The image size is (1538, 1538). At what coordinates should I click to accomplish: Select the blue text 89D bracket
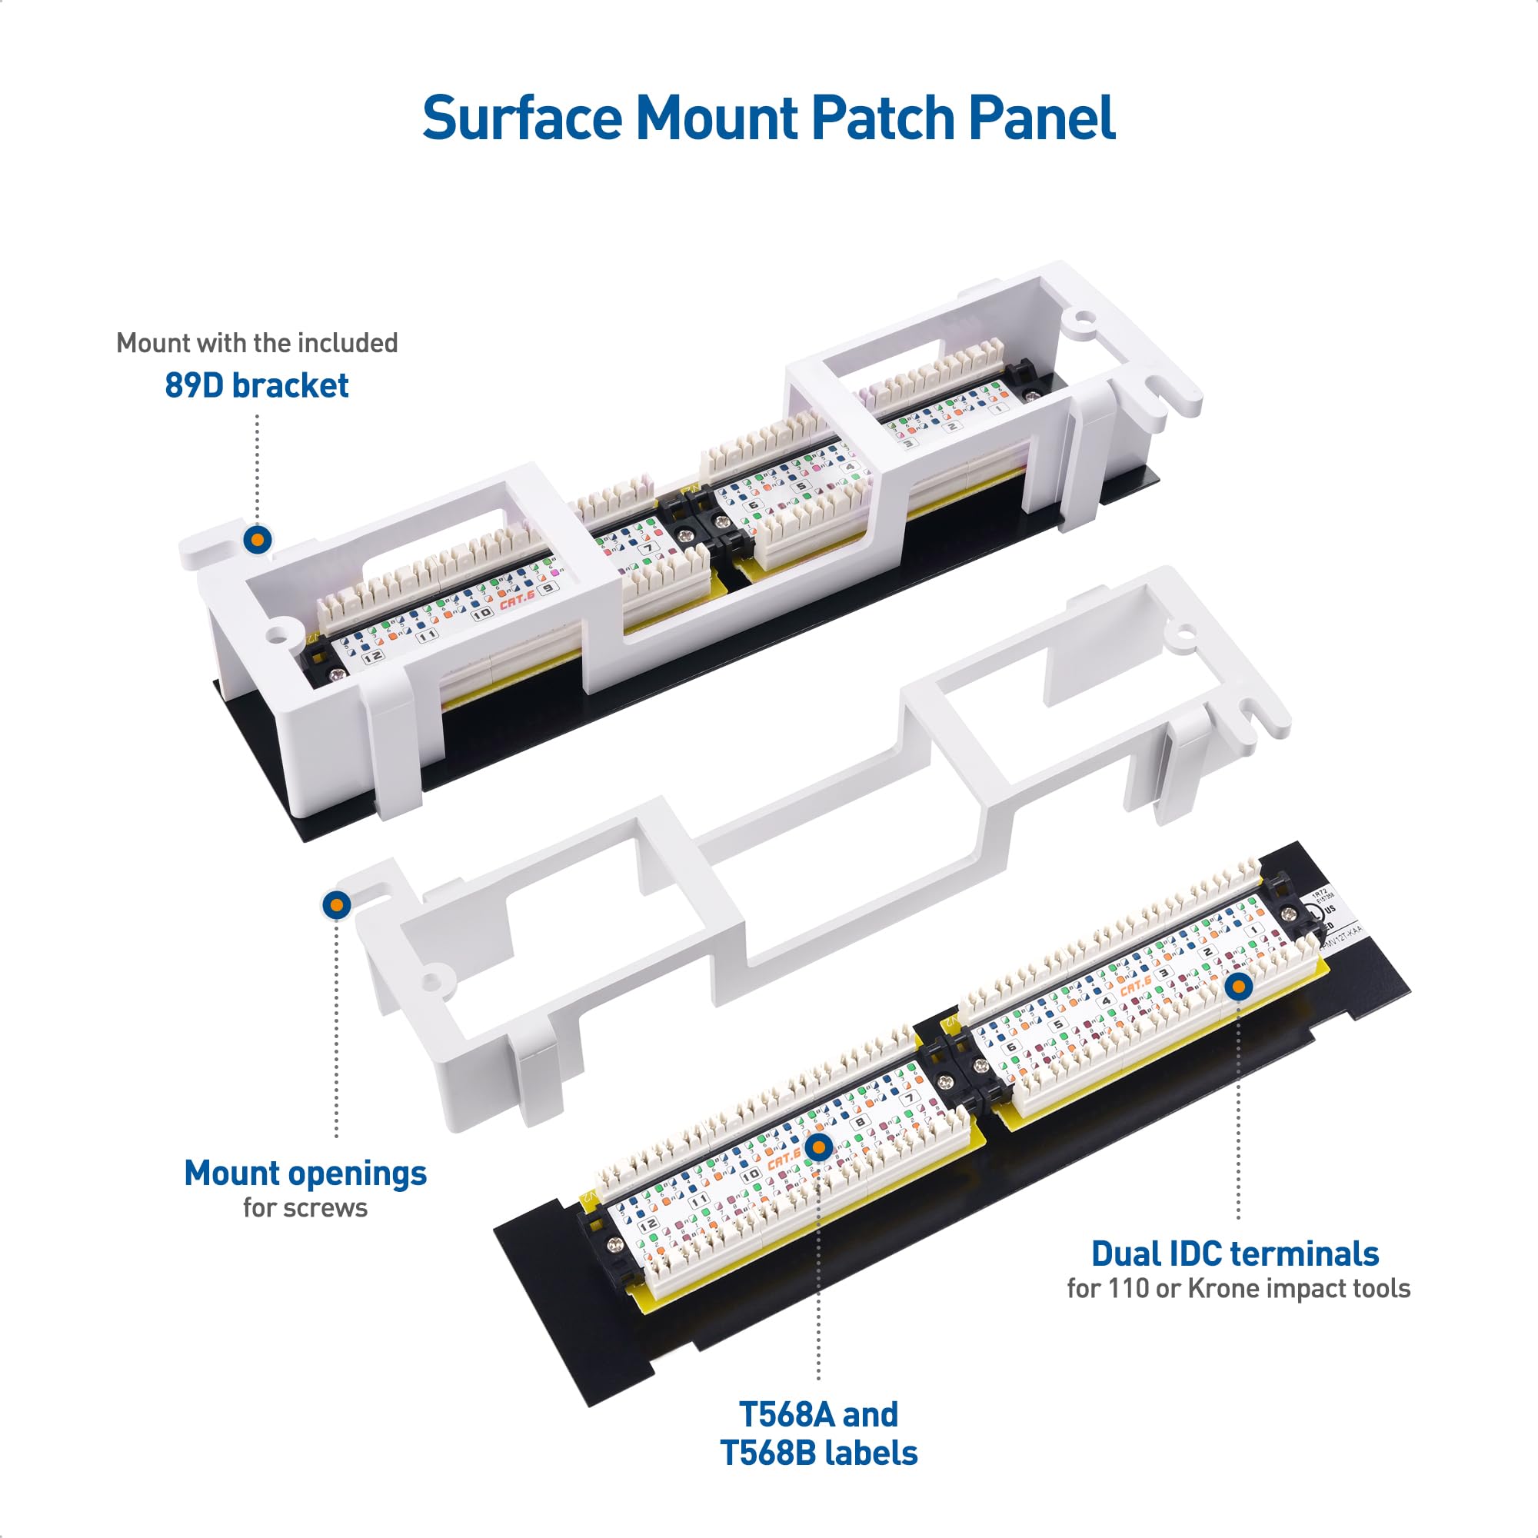click(256, 385)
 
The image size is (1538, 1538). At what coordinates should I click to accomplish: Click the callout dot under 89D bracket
click(257, 540)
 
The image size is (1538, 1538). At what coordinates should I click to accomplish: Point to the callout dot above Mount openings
click(337, 905)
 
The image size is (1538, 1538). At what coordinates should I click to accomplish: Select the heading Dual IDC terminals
click(1235, 1253)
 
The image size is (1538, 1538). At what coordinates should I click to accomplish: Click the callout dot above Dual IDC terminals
click(1238, 987)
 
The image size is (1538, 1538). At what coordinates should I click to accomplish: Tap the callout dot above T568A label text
click(818, 1147)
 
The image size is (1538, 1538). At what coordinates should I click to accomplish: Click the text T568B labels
click(818, 1453)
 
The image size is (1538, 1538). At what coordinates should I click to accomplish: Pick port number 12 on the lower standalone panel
click(648, 1225)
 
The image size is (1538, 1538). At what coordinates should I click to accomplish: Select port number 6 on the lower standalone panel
click(1011, 1047)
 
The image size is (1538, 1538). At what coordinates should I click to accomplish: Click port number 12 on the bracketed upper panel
click(371, 657)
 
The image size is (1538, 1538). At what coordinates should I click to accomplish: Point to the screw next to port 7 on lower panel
click(947, 1082)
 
